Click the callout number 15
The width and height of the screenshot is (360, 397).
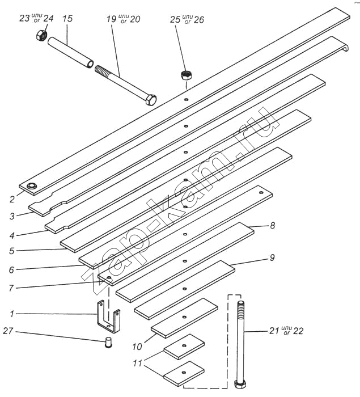[x=67, y=19]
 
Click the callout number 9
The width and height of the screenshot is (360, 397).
[x=272, y=258]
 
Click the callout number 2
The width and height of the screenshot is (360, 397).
[x=11, y=199]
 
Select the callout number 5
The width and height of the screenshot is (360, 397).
[x=11, y=250]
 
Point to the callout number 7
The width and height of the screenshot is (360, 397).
[x=11, y=288]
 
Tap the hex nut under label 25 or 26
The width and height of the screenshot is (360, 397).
[x=185, y=74]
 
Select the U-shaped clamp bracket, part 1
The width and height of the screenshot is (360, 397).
[x=108, y=319]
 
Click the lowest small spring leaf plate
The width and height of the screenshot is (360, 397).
[x=184, y=371]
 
